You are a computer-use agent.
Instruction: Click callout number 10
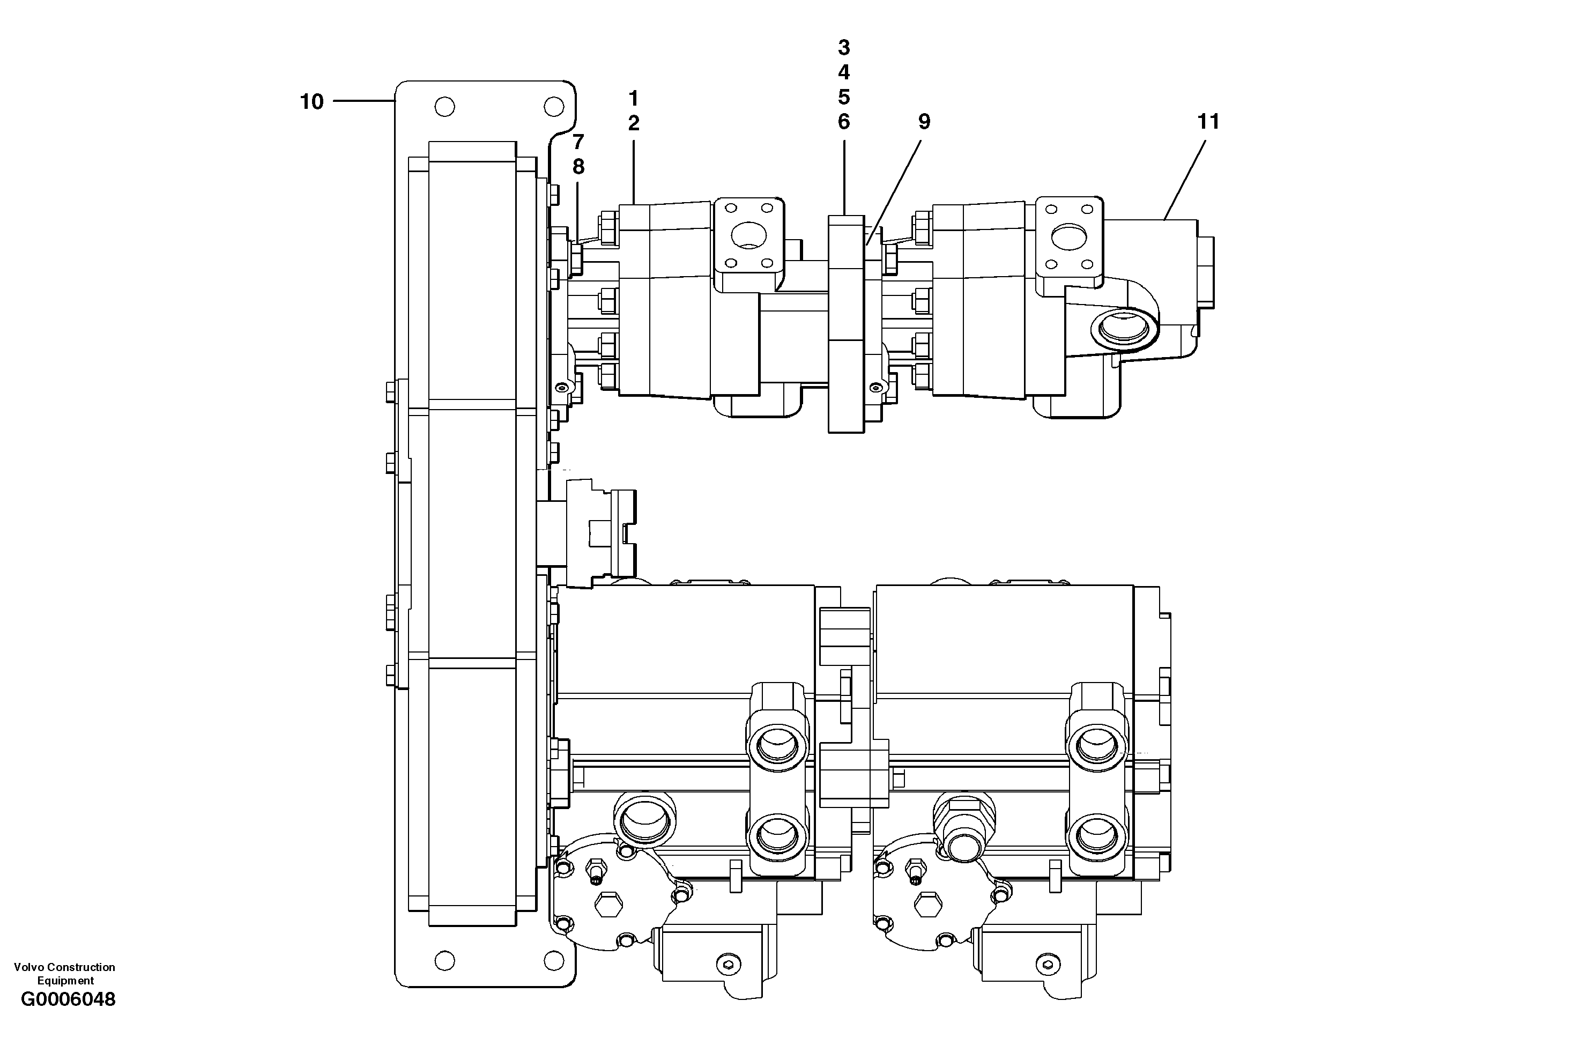pos(311,102)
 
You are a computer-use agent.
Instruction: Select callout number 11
pos(1208,122)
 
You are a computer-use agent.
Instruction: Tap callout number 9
pos(924,122)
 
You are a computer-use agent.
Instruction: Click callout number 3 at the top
pos(844,48)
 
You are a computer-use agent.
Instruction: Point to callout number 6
pos(844,122)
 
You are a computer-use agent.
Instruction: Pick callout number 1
pos(633,99)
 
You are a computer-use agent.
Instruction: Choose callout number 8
pos(578,166)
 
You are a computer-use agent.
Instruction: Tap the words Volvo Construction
pos(64,967)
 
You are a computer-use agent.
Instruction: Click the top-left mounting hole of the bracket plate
pos(444,107)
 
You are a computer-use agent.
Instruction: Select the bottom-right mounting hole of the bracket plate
pos(553,960)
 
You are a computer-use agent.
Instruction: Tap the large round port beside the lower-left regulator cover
pos(644,820)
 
